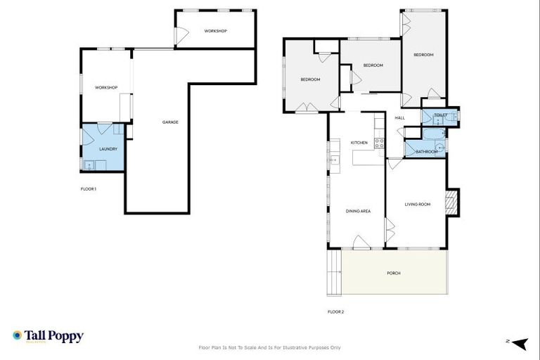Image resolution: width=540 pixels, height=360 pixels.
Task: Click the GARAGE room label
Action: pyautogui.click(x=170, y=122)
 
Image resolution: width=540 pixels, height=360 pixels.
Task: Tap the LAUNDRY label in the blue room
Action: pyautogui.click(x=98, y=149)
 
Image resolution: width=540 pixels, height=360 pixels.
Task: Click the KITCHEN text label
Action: pyautogui.click(x=359, y=143)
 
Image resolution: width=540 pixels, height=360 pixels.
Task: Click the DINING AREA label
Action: pyautogui.click(x=358, y=211)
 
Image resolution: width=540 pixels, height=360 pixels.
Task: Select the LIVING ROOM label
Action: pyautogui.click(x=417, y=205)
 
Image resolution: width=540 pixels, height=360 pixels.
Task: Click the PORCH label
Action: pyautogui.click(x=394, y=273)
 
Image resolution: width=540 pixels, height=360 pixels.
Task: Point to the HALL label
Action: pyautogui.click(x=399, y=117)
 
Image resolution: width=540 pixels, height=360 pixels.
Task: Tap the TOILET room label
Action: pyautogui.click(x=440, y=115)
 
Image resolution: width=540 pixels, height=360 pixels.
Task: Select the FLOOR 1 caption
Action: pyautogui.click(x=88, y=188)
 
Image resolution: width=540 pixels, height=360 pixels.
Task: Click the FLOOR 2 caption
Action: pyautogui.click(x=335, y=311)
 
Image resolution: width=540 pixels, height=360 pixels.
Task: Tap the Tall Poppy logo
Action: pyautogui.click(x=48, y=336)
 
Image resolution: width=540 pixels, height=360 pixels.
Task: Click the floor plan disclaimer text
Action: pyautogui.click(x=270, y=347)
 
